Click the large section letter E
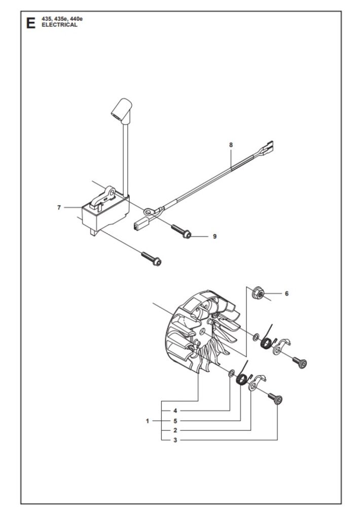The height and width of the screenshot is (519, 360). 31,23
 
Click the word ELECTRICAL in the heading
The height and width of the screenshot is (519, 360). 60,25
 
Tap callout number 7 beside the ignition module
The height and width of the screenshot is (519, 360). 59,207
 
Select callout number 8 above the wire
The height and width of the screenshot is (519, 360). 231,144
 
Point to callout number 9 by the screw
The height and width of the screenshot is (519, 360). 214,236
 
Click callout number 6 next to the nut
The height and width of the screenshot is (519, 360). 287,293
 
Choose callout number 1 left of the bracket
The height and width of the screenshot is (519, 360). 148,421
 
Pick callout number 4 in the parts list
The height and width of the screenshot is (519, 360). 175,411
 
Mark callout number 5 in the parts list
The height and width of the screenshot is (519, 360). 175,421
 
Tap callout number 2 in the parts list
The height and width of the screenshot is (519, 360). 175,431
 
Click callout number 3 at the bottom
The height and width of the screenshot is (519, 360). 175,440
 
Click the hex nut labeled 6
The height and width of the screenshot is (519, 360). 258,292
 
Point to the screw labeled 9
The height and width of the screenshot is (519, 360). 182,231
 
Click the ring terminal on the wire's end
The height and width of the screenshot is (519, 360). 149,211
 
